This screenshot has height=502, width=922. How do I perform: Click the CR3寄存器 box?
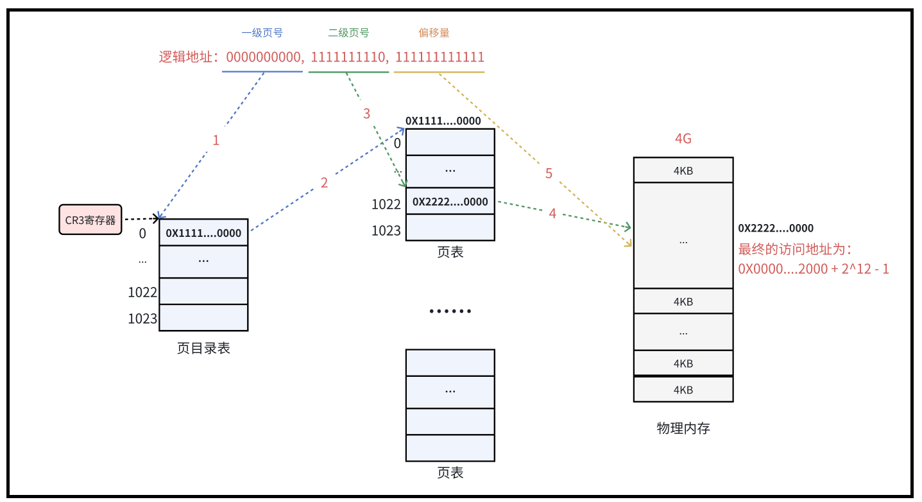(90, 220)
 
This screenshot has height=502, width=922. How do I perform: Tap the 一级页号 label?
(262, 33)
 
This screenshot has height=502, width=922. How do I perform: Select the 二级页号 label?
(348, 33)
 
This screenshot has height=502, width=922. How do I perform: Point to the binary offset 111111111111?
(440, 57)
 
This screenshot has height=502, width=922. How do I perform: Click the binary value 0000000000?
(263, 57)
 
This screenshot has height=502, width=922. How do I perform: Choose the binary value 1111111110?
(350, 57)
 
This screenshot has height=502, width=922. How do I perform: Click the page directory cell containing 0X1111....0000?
(203, 233)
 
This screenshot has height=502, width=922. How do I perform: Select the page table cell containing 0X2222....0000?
(450, 202)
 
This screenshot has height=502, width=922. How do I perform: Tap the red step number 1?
(216, 140)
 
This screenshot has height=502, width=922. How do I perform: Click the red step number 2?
(324, 183)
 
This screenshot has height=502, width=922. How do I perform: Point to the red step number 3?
(366, 114)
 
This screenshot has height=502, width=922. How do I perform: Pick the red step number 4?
(552, 214)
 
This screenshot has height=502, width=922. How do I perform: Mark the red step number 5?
(549, 173)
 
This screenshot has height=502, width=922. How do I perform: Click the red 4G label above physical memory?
(683, 139)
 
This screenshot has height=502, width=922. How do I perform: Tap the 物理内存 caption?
(683, 428)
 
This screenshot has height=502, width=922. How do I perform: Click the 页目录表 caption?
(203, 348)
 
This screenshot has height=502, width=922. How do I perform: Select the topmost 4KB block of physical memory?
(683, 171)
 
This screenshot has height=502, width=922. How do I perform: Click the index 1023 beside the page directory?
(142, 318)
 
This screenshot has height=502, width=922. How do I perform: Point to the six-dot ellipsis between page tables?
(450, 311)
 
